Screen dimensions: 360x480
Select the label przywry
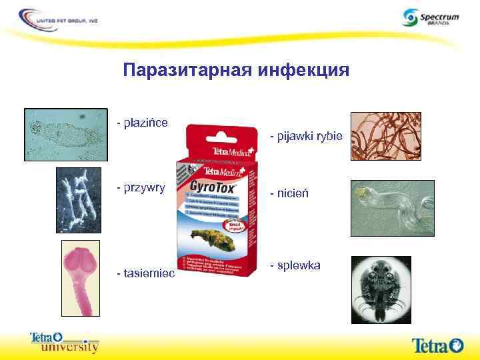[141, 187]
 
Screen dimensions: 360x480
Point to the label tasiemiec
[145, 273]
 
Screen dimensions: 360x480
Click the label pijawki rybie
[306, 137]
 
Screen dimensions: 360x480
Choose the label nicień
[291, 195]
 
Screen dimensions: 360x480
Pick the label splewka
[295, 265]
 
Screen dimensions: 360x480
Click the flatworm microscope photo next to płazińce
[66, 133]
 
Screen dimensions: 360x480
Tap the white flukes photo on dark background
[78, 198]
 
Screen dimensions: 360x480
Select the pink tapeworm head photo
[80, 273]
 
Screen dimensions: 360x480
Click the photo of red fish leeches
[385, 136]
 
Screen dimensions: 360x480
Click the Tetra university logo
[65, 342]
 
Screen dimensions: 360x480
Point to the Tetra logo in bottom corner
[437, 345]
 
